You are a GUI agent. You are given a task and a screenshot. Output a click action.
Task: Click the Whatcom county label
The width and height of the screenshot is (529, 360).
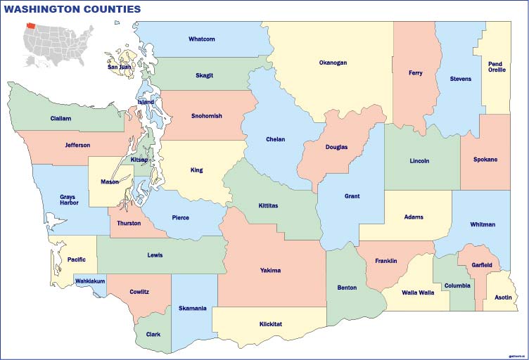tap(201, 39)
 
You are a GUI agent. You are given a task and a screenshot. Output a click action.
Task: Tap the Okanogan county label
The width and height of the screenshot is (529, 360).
tap(333, 63)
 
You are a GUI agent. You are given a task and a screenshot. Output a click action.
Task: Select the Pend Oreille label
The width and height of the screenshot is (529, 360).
tap(497, 67)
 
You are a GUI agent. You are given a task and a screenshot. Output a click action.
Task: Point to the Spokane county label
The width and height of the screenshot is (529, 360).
tap(485, 160)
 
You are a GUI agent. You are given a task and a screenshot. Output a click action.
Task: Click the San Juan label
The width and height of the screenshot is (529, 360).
tap(119, 67)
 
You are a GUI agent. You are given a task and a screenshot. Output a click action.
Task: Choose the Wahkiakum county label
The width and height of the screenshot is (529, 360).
tap(89, 281)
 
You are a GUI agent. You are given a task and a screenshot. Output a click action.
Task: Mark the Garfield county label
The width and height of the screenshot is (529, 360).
tap(482, 265)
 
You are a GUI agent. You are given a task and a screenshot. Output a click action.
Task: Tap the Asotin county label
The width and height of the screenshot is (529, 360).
tap(504, 297)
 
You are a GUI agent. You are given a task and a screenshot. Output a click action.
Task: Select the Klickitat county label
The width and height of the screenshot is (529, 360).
tap(270, 324)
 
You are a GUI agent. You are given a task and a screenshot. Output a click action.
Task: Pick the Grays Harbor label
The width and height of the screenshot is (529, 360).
tap(69, 200)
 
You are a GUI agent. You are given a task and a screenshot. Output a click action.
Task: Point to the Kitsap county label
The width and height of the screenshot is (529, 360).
tap(139, 160)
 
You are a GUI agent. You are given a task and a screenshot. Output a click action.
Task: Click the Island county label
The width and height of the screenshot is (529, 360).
tap(146, 102)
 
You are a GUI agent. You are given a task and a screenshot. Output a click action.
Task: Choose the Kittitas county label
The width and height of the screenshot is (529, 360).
tap(266, 206)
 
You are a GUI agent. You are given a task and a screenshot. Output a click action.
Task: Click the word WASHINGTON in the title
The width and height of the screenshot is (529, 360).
tap(42, 9)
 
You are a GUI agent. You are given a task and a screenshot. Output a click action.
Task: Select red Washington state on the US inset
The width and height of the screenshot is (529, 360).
tap(31, 25)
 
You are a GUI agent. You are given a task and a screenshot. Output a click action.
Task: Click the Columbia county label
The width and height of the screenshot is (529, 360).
tap(457, 285)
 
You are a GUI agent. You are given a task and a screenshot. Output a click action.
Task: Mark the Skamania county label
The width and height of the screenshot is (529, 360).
tap(192, 308)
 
